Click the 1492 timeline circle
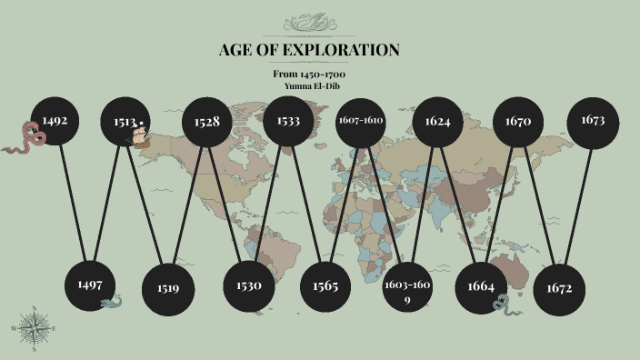(55, 118)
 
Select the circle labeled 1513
(126, 122)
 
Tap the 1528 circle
(207, 121)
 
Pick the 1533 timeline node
(288, 121)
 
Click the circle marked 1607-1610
(360, 121)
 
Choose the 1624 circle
(438, 121)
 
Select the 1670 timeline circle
(518, 121)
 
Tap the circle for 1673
(593, 120)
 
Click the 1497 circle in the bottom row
(90, 285)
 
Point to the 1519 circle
(167, 288)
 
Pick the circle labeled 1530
(249, 285)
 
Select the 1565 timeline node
(325, 285)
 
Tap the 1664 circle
(481, 287)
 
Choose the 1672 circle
(559, 288)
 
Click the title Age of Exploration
(309, 50)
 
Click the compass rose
(35, 327)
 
